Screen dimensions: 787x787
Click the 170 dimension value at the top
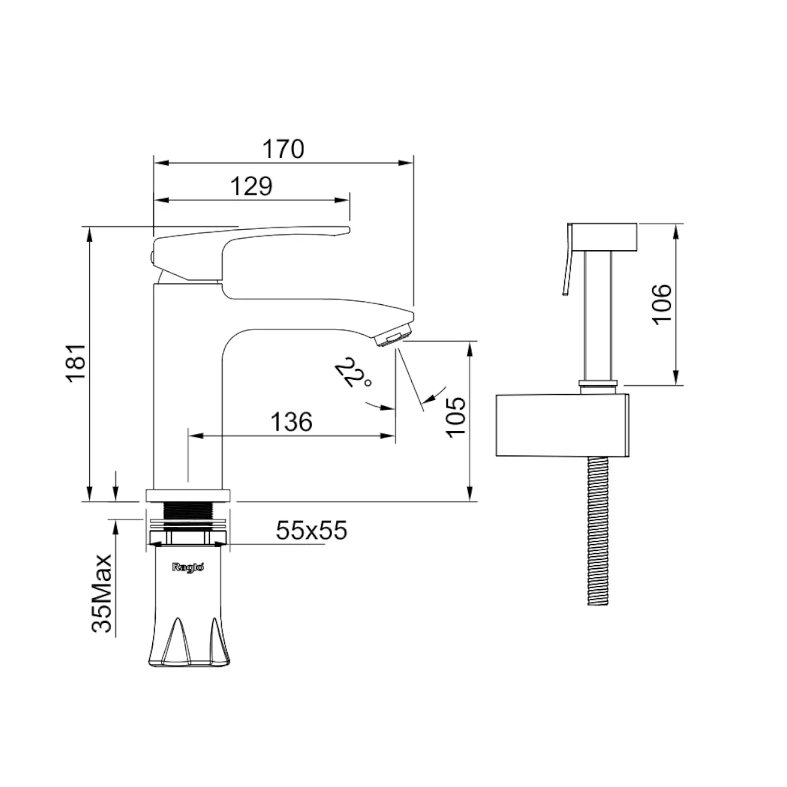click(283, 149)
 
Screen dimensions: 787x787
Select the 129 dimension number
click(252, 186)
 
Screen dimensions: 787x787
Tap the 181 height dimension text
click(77, 363)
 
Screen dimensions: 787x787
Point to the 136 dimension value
click(291, 421)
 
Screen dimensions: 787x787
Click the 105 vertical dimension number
click(456, 416)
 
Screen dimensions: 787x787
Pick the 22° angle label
click(353, 373)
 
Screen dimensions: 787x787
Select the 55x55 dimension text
click(312, 530)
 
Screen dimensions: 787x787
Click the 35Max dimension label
click(102, 593)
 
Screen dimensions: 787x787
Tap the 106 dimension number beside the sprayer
click(662, 304)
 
